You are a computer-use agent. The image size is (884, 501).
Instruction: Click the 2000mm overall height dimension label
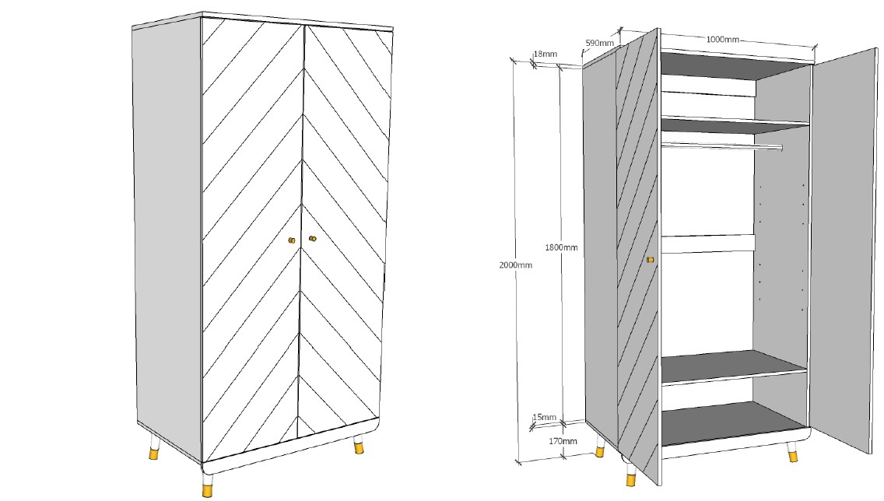[515, 265]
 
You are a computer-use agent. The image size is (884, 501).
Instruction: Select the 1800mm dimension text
[561, 247]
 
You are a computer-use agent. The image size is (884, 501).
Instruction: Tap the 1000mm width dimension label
[722, 40]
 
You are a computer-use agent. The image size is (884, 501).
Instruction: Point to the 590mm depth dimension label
[601, 43]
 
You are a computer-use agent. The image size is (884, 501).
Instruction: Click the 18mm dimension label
[545, 54]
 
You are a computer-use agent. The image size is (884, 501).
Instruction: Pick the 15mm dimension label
[544, 418]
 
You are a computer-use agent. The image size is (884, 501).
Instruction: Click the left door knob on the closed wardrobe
[292, 240]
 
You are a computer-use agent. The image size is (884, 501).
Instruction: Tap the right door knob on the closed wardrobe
[313, 239]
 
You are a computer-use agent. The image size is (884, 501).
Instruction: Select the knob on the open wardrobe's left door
[650, 259]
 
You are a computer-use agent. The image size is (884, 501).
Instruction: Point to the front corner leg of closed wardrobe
[207, 484]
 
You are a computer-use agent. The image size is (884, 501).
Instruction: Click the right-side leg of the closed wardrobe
[359, 445]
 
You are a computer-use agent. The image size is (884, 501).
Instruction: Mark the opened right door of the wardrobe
[842, 249]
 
